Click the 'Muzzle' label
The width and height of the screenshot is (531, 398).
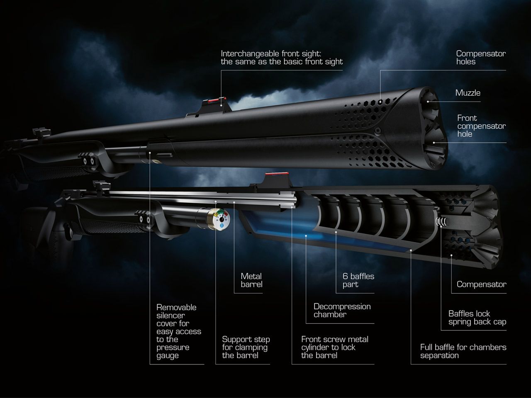pos(468,93)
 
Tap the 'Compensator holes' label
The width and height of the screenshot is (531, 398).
pos(481,58)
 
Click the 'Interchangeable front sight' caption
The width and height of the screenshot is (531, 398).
pos(282,58)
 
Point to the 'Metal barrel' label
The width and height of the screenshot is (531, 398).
pos(251,280)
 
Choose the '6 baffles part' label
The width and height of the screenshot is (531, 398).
pos(358,280)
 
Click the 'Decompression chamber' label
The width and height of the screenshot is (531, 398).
pos(342,310)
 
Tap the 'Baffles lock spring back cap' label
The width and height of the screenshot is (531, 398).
pos(477,318)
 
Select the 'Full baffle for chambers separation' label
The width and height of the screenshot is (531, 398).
pos(463,351)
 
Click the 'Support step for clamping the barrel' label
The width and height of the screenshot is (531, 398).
pos(246,347)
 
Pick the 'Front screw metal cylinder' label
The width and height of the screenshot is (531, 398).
pos(334,347)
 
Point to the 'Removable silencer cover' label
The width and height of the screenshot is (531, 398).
pos(178,331)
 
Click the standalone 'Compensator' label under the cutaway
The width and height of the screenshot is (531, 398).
pos(481,284)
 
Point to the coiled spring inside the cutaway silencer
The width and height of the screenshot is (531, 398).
pos(441,222)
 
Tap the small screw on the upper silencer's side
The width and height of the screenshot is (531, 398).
pos(378,130)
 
